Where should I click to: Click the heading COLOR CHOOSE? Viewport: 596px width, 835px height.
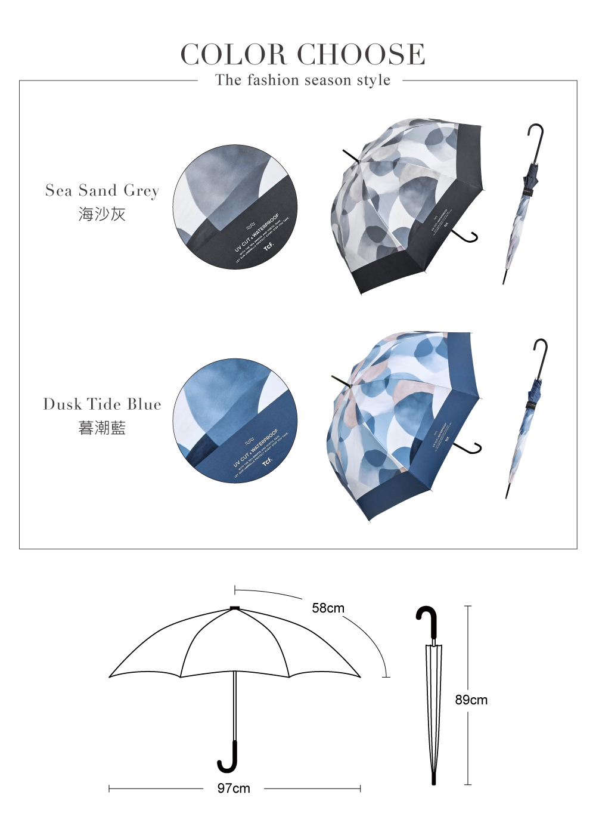tap(303, 54)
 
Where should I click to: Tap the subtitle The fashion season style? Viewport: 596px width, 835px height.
tap(303, 80)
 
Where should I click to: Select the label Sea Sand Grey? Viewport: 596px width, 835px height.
tap(103, 191)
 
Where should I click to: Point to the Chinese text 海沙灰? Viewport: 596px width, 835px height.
tap(102, 214)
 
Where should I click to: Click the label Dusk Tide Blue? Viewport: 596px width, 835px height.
tap(103, 404)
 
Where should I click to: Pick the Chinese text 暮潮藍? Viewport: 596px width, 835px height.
tap(102, 428)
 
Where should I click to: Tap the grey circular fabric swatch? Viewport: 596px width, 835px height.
tap(235, 206)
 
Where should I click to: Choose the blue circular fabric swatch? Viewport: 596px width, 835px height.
tap(235, 421)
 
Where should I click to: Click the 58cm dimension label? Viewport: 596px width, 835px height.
tap(328, 608)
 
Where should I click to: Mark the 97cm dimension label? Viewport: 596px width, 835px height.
tap(234, 788)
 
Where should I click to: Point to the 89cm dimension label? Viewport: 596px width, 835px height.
tap(471, 700)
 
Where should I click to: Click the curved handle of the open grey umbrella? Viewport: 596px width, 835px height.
tap(468, 237)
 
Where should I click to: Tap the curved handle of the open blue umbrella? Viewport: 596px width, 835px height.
tap(472, 449)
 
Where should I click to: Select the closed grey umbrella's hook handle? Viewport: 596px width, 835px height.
tap(536, 136)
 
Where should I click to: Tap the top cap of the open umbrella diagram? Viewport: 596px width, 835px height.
tap(234, 608)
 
